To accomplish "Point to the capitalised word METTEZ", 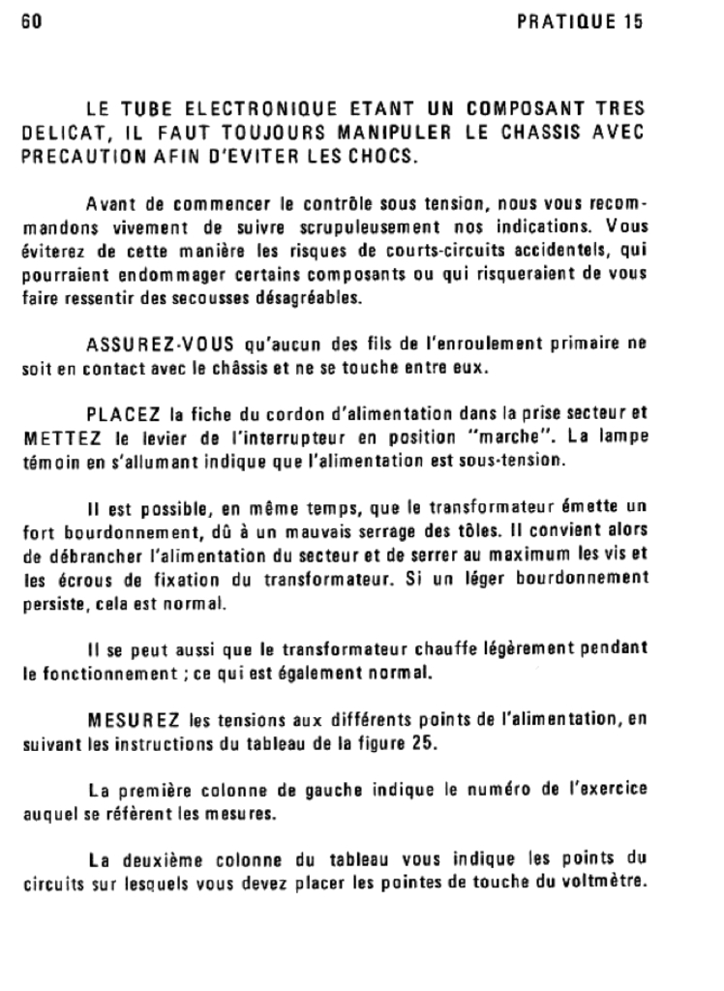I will click(58, 439).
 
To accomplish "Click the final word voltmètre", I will click(609, 884).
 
